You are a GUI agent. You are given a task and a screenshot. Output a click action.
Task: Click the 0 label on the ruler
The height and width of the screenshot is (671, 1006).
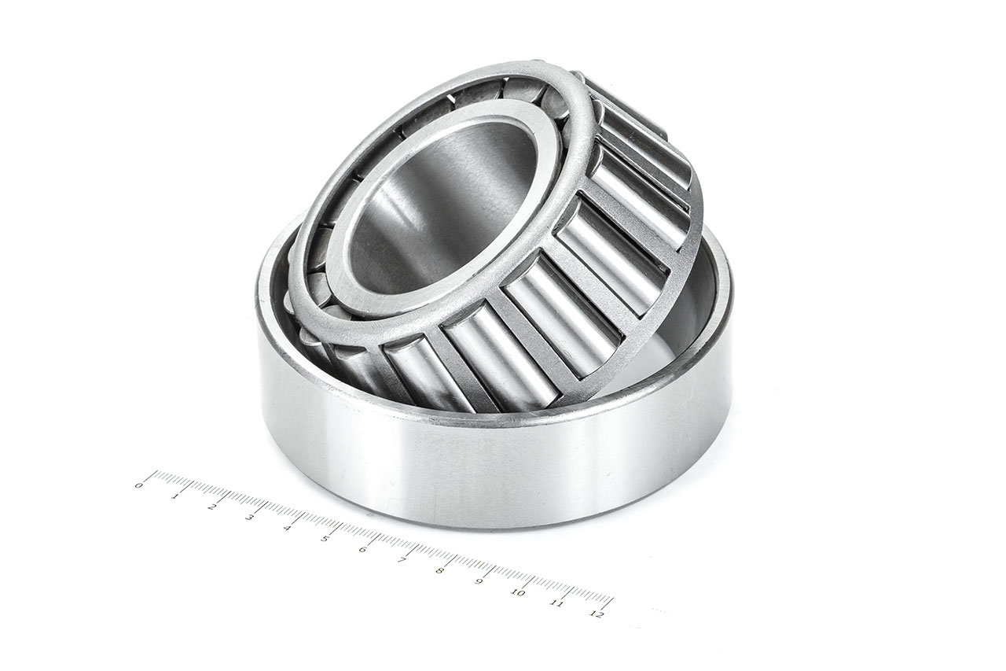tap(139, 485)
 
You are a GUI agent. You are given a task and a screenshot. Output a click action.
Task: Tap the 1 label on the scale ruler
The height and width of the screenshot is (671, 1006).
tap(174, 496)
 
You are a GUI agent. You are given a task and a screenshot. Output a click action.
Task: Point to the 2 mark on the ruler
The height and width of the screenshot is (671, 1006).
tap(212, 507)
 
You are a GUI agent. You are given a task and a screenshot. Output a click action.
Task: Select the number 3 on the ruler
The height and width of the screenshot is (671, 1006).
tap(249, 517)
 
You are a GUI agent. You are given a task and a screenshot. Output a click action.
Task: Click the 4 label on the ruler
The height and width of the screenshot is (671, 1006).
tap(287, 528)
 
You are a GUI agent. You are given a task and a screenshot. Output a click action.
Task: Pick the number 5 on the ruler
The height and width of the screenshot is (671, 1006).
tap(325, 539)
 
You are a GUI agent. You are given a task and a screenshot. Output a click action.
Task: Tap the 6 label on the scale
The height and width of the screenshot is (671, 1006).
tap(362, 549)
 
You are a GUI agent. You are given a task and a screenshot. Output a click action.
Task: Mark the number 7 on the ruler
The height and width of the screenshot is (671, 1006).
tap(402, 560)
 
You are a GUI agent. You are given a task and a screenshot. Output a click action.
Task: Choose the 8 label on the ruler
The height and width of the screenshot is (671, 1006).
tap(439, 570)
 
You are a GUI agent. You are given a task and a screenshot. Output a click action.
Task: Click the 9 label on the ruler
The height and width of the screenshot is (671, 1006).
tap(479, 581)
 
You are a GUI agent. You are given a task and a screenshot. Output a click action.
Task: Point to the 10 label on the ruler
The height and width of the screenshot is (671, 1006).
tap(518, 592)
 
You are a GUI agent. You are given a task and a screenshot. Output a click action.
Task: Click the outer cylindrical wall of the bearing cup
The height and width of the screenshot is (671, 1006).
tap(487, 464)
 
